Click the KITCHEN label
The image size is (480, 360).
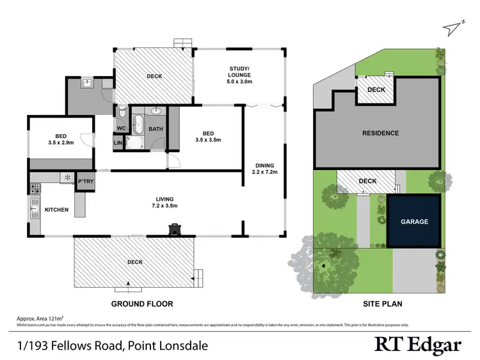coord(56,210)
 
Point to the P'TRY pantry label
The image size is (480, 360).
coord(86,181)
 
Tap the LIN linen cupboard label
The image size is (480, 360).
coord(118,144)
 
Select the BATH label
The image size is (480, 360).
coord(156,129)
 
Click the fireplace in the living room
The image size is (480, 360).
coord(174,229)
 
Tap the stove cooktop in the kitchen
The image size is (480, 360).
coord(35,189)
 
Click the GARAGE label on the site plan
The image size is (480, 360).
coord(414,221)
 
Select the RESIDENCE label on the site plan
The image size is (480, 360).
coord(381,133)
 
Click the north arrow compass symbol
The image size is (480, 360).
coord(456,26)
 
